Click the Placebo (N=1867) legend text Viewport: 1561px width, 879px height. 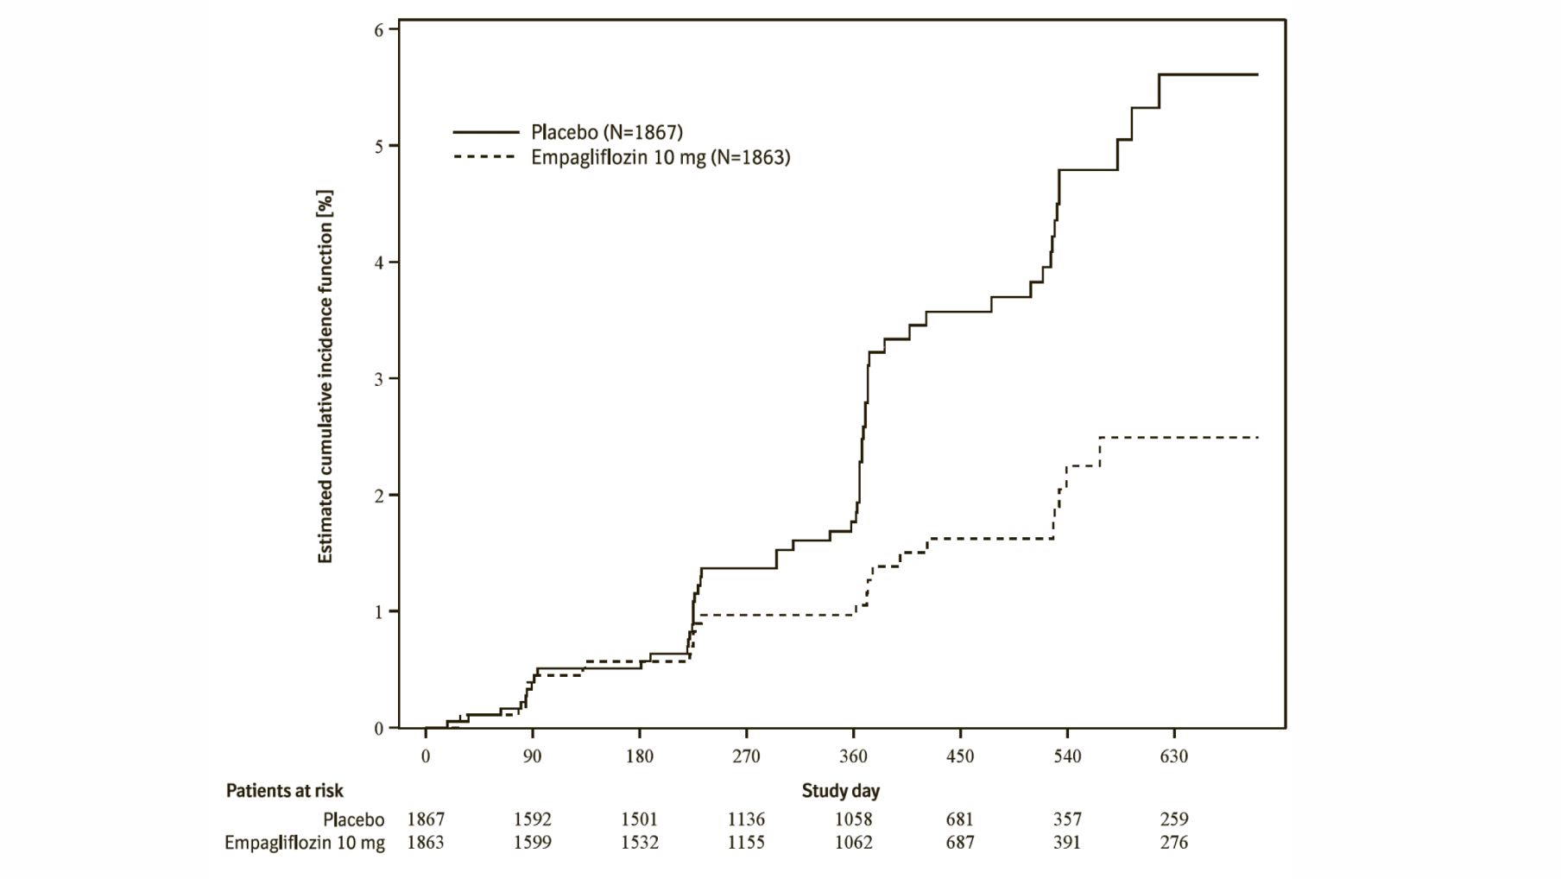[x=606, y=132]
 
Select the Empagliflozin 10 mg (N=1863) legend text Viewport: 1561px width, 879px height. [x=660, y=157]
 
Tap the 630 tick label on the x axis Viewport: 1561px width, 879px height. [x=1173, y=756]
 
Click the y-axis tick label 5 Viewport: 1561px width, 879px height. [x=379, y=146]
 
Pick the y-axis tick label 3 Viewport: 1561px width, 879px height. [x=379, y=379]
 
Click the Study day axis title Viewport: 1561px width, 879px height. [x=840, y=790]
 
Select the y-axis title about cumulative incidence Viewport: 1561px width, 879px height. [x=325, y=377]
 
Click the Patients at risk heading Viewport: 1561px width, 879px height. [x=284, y=791]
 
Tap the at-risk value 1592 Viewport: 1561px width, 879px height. [x=532, y=819]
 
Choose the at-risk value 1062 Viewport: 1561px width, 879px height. [x=853, y=842]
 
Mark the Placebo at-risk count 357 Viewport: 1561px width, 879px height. [x=1066, y=819]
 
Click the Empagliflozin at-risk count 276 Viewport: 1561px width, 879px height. [x=1173, y=842]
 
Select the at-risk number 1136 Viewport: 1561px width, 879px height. [x=746, y=819]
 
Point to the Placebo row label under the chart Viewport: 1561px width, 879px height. [x=354, y=819]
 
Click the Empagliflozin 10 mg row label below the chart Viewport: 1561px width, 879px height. [x=305, y=843]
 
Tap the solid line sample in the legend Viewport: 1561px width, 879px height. [x=486, y=132]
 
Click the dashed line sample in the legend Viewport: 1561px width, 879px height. [x=486, y=157]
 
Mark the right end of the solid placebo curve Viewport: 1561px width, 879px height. [x=1257, y=75]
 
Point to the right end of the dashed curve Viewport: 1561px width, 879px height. [x=1257, y=438]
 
